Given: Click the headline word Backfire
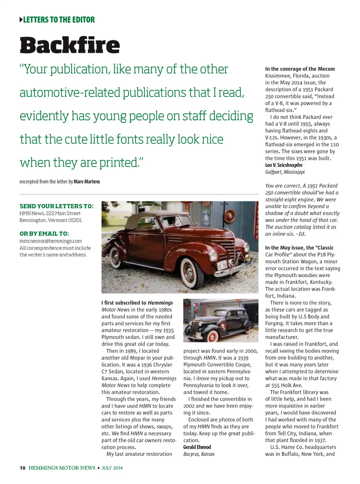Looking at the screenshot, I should [x=70, y=45].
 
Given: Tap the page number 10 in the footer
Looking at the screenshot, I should [x=22, y=468].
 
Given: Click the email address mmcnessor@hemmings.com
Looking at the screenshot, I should [x=51, y=241].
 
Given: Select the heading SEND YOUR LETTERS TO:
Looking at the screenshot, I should [x=57, y=206].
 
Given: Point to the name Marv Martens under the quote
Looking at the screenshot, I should [x=87, y=182].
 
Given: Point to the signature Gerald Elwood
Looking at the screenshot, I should [x=197, y=447].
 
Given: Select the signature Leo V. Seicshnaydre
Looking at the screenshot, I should [x=283, y=165].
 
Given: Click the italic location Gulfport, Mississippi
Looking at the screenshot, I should [x=285, y=172].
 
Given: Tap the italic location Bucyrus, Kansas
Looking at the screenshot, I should [x=199, y=454].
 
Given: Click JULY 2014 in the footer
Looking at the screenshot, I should [x=112, y=468].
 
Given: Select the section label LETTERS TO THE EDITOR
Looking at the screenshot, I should [x=59, y=20].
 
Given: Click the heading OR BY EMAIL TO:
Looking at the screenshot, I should [x=44, y=234].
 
